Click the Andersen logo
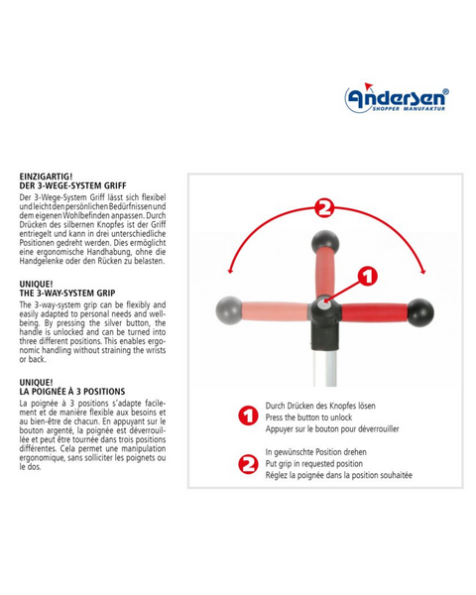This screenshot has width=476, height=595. [x=397, y=97]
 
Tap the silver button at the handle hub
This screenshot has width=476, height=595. [x=324, y=303]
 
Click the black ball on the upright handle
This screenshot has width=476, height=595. [x=325, y=242]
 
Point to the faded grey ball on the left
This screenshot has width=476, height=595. [x=229, y=310]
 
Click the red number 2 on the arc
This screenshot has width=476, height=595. [x=324, y=207]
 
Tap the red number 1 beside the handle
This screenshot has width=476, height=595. [x=368, y=277]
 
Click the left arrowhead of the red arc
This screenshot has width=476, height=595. [x=229, y=271]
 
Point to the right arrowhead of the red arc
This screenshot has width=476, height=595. [x=423, y=271]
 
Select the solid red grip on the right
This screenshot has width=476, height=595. [x=375, y=312]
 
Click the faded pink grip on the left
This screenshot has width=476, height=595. [x=276, y=310]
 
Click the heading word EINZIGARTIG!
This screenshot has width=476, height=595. [x=46, y=177]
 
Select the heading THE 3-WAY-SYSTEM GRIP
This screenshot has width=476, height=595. [x=67, y=294]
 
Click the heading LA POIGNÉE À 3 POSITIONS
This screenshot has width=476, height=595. [x=72, y=392]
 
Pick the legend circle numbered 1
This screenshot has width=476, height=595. [x=248, y=416]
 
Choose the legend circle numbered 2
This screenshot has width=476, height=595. [x=248, y=464]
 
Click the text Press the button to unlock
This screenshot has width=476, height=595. [x=308, y=417]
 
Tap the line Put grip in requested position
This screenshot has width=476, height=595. [x=314, y=464]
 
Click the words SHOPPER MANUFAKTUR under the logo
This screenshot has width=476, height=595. [x=409, y=109]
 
